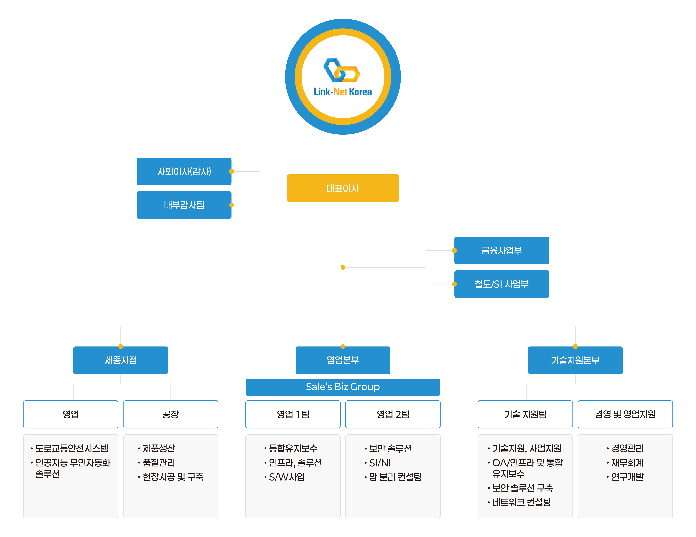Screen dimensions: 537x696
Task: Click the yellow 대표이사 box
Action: tap(343, 188)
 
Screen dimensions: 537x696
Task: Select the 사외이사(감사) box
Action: tap(184, 171)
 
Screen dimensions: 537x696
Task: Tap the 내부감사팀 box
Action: tap(184, 205)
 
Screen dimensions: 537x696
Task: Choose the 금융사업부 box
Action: tap(502, 250)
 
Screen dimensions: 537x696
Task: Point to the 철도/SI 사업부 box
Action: tap(502, 284)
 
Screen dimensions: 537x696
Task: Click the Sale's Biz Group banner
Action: tap(343, 387)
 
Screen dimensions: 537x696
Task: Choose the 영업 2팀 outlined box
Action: tap(393, 414)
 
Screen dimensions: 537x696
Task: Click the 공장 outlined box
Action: tap(170, 414)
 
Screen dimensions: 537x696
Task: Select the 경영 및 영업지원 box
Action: tap(625, 414)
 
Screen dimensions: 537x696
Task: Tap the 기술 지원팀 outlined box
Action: tap(525, 414)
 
